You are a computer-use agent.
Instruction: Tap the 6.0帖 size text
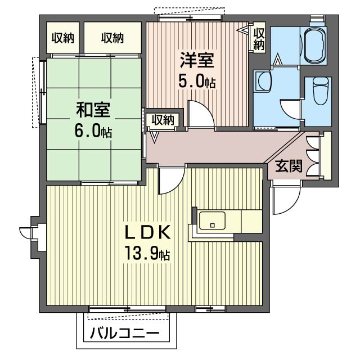point(93,131)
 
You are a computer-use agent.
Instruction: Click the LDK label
point(147,233)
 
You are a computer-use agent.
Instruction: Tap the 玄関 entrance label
point(289,166)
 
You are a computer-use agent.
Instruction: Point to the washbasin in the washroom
point(262,82)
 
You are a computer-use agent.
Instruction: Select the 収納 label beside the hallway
point(163,119)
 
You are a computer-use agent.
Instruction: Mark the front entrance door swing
point(286,200)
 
